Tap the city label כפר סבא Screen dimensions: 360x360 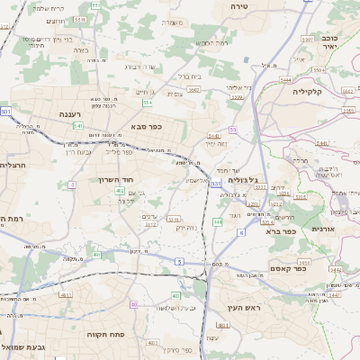click(145, 126)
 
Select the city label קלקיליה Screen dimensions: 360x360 click(307, 91)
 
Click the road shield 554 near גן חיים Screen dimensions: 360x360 click(147, 103)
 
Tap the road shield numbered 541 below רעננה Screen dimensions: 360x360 click(79, 126)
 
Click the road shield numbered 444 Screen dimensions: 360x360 click(217, 221)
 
